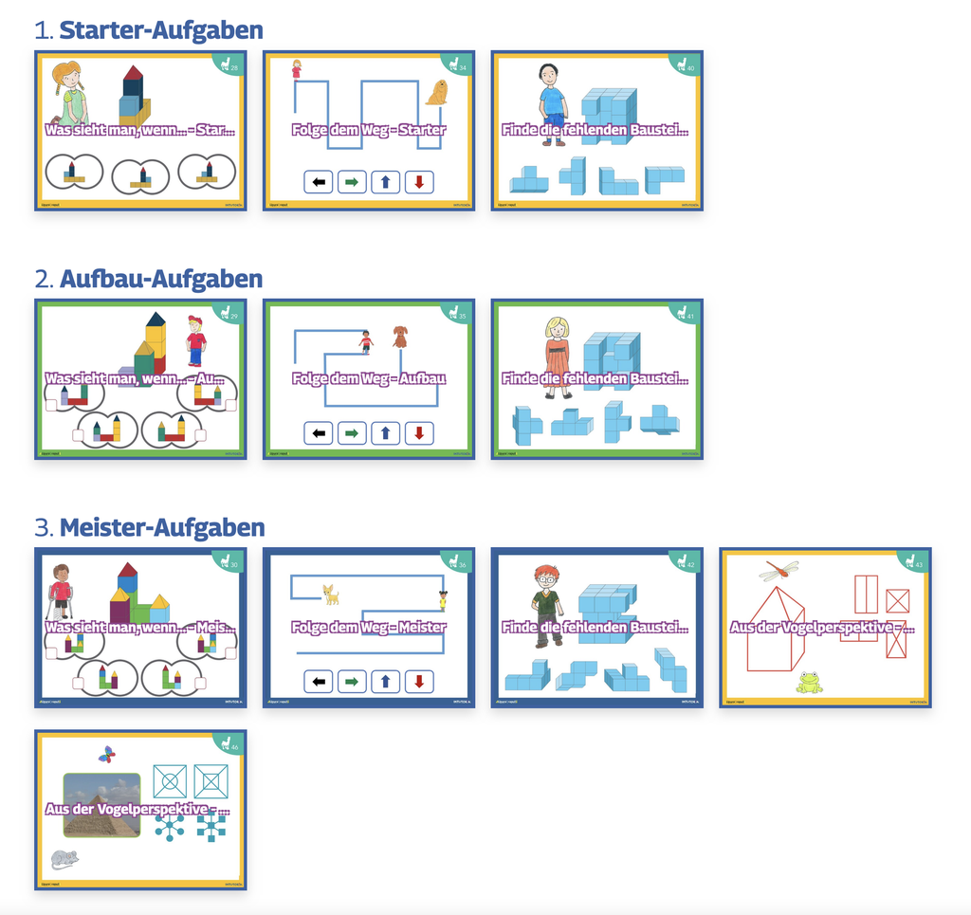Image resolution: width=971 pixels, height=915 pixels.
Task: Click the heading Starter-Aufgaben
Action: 160,30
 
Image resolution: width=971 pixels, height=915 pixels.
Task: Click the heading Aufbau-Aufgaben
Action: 160,279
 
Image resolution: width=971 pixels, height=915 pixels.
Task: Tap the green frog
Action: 809,682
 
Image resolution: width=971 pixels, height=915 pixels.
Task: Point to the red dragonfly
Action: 779,571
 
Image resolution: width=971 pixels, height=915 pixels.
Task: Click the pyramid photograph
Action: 101,805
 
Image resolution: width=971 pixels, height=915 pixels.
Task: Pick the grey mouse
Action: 64,859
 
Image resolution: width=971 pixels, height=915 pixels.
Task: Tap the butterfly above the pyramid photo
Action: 107,755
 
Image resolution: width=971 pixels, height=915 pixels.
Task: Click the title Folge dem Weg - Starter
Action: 369,130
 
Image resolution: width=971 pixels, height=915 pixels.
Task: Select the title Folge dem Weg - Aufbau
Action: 369,378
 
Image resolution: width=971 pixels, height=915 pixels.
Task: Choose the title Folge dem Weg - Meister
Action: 369,627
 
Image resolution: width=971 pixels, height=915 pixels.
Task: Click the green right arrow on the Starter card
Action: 352,182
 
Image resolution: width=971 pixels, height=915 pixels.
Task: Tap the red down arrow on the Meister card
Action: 419,681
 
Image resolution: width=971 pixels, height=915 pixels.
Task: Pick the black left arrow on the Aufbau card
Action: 319,433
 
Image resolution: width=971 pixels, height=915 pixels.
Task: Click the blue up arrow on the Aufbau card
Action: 385,433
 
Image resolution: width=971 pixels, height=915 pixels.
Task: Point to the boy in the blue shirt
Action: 551,102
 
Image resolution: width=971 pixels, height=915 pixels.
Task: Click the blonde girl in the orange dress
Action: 557,355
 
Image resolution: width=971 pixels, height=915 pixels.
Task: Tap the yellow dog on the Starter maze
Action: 437,93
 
